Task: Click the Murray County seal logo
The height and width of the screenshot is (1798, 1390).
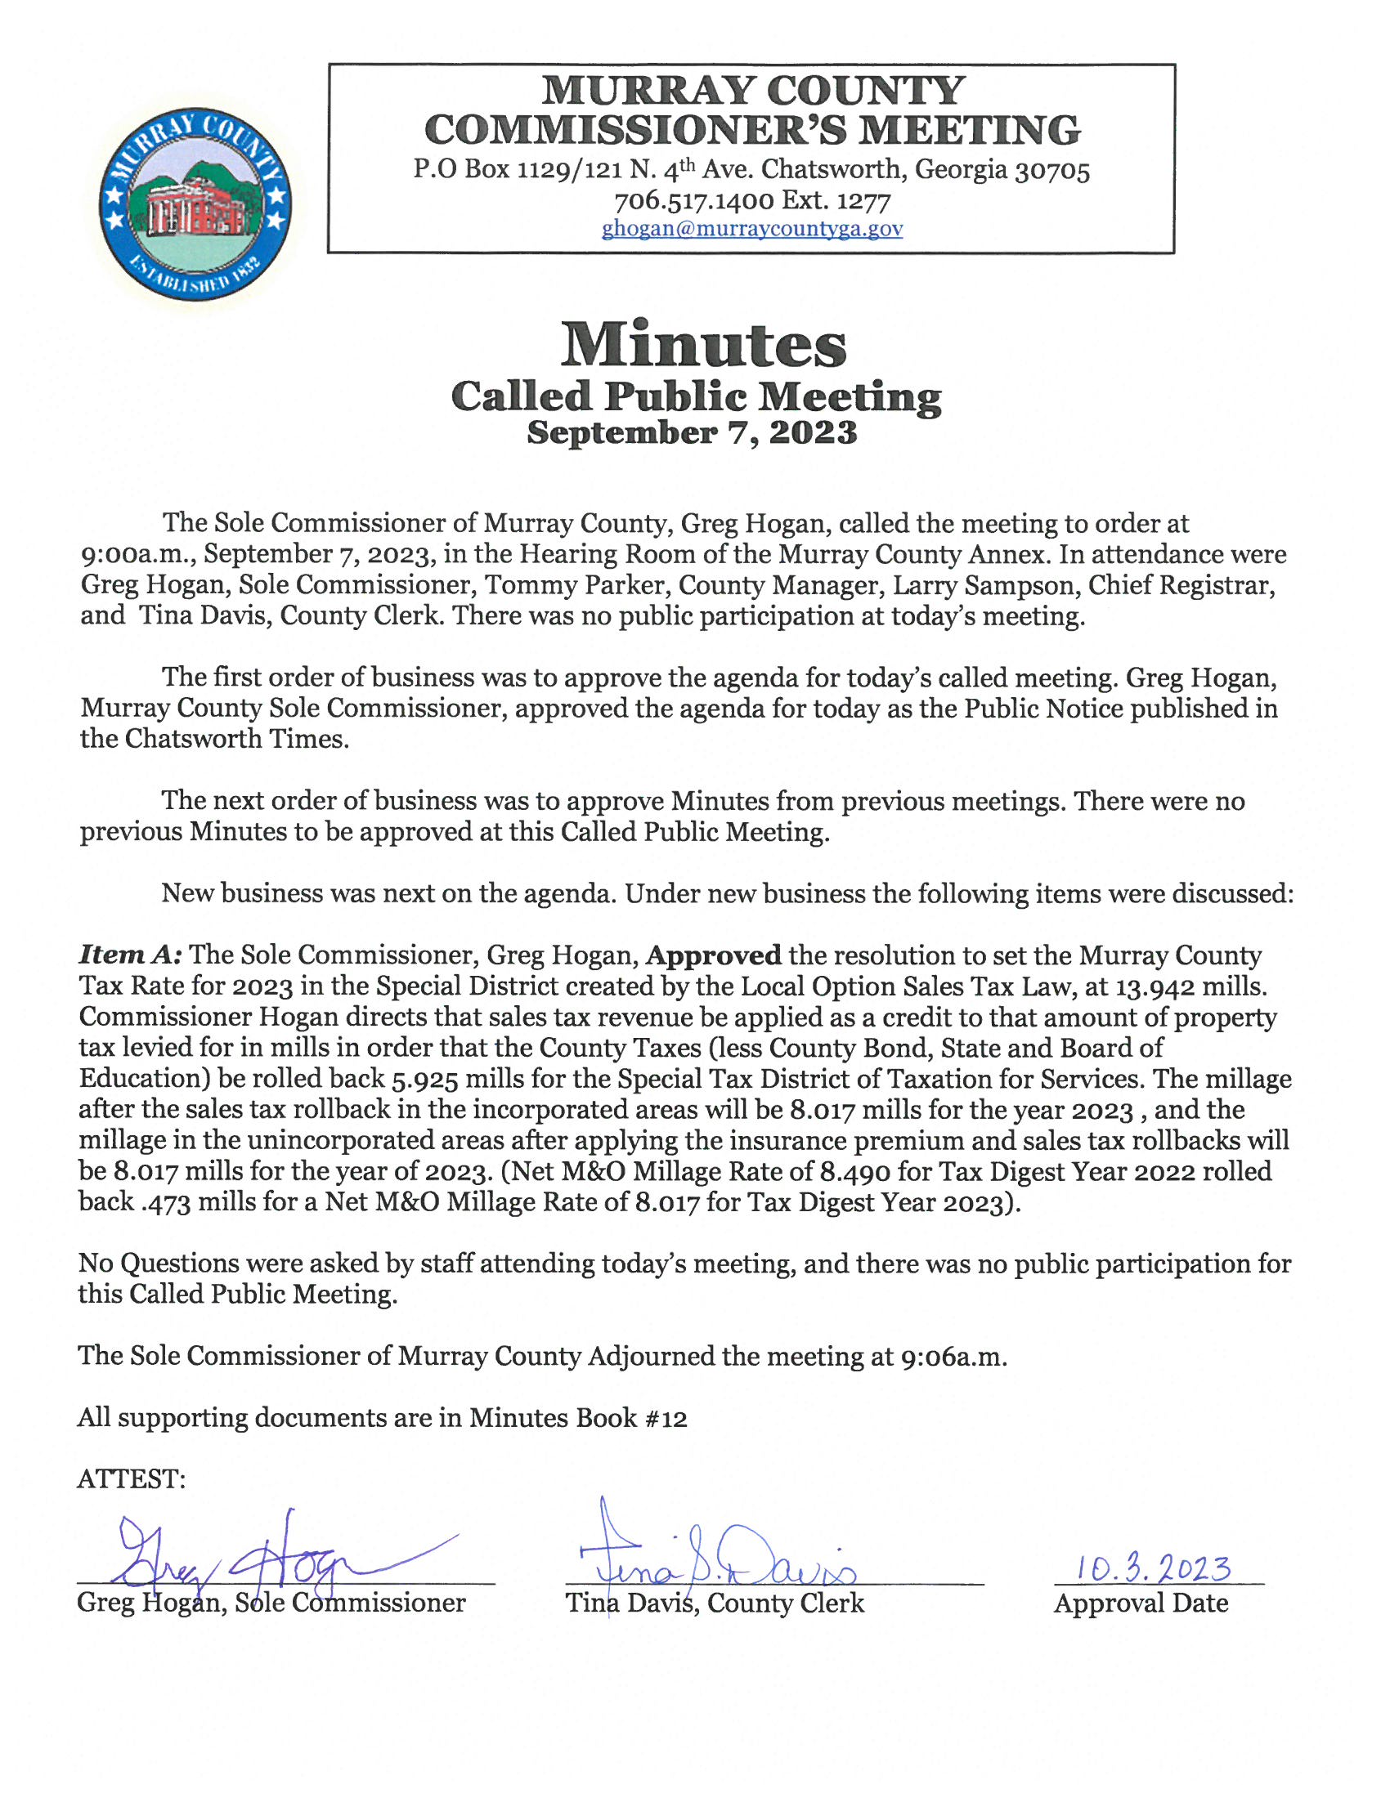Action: (x=195, y=205)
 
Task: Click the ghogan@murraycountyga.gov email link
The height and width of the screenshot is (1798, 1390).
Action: (x=751, y=228)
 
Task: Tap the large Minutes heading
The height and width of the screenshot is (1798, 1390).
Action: (x=703, y=345)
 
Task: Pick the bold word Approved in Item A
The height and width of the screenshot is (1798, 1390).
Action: (x=713, y=955)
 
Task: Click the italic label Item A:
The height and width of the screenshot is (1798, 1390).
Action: (x=130, y=955)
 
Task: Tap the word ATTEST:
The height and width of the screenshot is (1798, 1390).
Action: (x=131, y=1479)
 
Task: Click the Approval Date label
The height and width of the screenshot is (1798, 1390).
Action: (x=1141, y=1603)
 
